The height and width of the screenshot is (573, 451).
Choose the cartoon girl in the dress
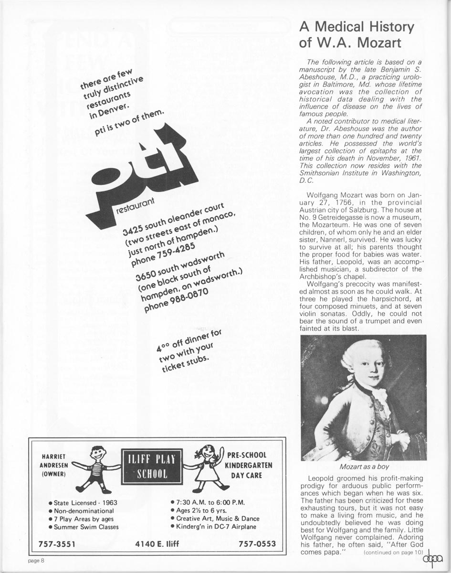tap(207, 466)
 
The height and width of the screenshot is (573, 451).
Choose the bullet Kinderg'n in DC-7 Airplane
tap(213, 526)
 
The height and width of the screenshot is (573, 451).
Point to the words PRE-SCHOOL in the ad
tap(247, 455)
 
